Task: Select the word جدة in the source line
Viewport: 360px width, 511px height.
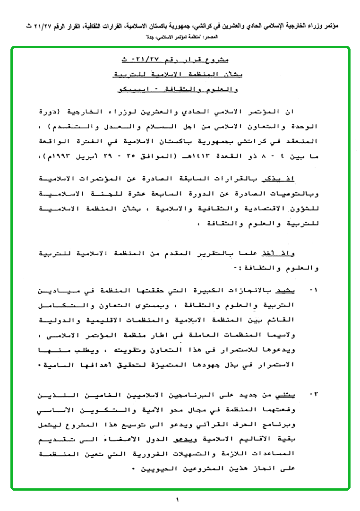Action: click(x=133, y=36)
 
